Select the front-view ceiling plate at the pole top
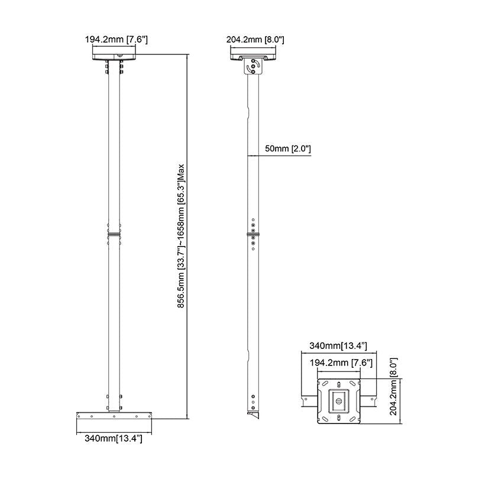[x=114, y=56]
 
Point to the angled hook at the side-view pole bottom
[x=254, y=415]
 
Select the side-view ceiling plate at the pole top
[x=254, y=56]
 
